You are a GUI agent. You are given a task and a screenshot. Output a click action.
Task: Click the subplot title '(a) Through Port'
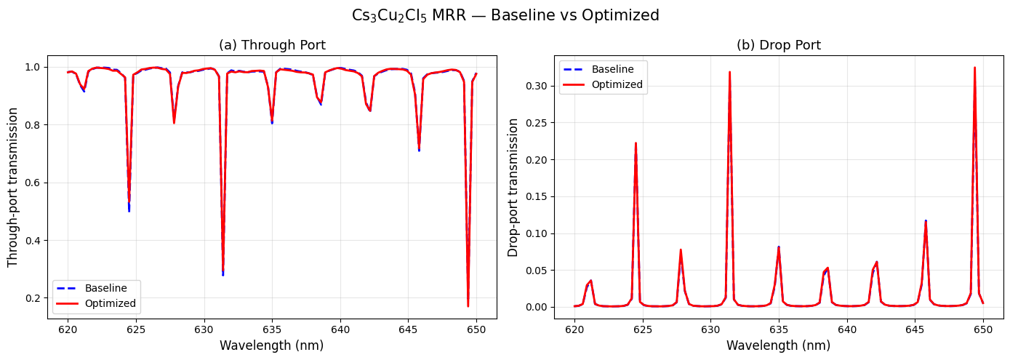[272, 45]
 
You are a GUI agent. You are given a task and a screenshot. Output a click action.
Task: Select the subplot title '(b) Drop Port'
[779, 45]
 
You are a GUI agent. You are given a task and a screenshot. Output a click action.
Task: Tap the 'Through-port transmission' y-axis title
[13, 187]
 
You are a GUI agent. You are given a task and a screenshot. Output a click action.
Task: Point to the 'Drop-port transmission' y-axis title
[513, 187]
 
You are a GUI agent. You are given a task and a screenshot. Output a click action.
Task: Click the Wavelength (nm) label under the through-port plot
[272, 345]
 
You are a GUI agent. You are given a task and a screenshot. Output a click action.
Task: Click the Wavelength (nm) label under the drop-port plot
[779, 345]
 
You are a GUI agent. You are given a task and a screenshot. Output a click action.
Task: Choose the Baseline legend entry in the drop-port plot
[612, 69]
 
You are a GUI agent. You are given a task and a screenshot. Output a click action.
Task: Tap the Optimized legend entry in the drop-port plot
[617, 84]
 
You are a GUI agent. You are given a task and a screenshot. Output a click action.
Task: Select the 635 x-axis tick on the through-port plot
[272, 329]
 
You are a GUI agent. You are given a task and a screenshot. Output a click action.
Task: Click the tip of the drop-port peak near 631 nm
[729, 72]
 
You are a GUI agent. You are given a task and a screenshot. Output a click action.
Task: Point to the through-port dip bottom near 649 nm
[468, 306]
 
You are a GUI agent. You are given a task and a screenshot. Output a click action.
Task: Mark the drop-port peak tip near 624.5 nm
[636, 143]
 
